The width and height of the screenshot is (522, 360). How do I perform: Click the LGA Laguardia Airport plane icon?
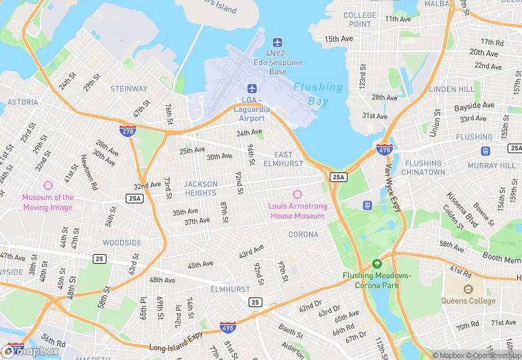point(251,89)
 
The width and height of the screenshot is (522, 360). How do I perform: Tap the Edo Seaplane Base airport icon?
point(277,43)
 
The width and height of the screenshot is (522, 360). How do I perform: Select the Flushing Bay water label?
point(318,94)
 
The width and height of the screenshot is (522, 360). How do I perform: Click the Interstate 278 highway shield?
point(127,130)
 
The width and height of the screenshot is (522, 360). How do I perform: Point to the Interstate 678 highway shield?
point(385,149)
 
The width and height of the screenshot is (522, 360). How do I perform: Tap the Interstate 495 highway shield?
point(228,328)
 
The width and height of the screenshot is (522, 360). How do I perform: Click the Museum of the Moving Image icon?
point(47,186)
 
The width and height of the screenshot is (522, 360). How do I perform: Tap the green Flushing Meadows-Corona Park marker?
point(376,264)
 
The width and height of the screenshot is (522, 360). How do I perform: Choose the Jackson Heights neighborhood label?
point(201,188)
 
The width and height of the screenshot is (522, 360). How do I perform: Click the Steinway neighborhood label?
point(129,89)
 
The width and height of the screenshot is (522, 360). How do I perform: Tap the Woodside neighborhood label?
point(122,243)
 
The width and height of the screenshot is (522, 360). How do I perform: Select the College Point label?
point(360,20)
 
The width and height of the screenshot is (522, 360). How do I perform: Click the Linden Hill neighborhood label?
point(451,89)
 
